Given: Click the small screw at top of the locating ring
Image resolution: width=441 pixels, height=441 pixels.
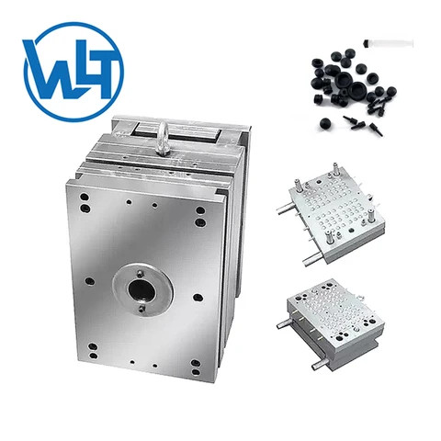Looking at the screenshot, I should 140,271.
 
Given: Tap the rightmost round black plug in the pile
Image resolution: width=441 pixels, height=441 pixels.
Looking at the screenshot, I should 391,92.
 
